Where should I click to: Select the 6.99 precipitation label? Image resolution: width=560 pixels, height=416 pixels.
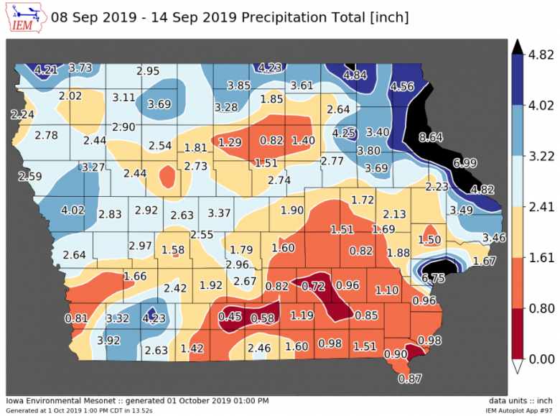(x=465, y=164)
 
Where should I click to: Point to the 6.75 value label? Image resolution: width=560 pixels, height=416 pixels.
(x=434, y=277)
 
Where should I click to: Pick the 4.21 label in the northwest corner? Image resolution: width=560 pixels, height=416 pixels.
(x=45, y=70)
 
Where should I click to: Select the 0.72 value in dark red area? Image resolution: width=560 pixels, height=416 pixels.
(x=314, y=286)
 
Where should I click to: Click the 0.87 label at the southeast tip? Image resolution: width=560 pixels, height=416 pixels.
(x=410, y=378)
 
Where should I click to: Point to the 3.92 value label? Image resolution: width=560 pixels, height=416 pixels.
(x=108, y=340)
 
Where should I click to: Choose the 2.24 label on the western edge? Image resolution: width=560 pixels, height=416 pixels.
(x=23, y=114)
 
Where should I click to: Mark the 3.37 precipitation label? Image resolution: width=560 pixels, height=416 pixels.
(x=219, y=213)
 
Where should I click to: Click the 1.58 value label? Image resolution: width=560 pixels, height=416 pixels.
(x=174, y=249)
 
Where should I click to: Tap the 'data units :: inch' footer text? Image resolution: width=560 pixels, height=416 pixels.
(x=521, y=400)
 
